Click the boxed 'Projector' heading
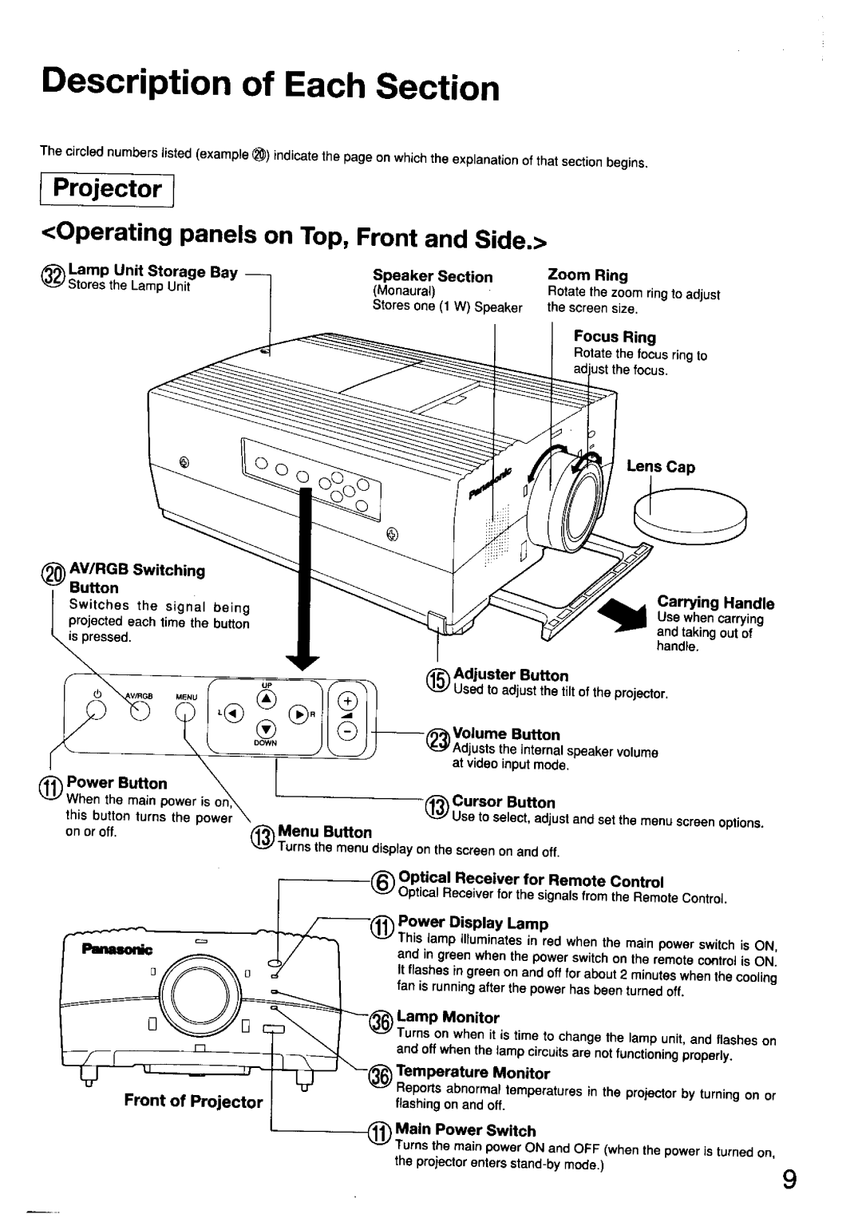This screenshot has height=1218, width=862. pos(107,189)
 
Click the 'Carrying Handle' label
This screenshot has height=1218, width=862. pos(715,602)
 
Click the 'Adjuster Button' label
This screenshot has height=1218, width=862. pos(511,675)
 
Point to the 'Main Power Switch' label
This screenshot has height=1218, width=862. pos(466,1129)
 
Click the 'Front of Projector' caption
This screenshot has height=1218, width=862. pos(193,1101)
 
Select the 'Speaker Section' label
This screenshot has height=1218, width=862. pos(433,276)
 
